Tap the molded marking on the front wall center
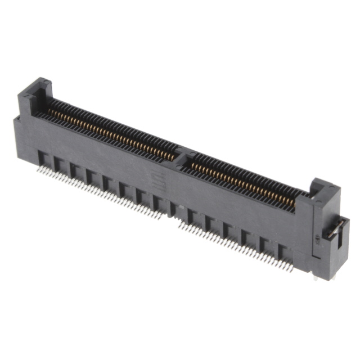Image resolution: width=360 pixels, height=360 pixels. click(x=161, y=181)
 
